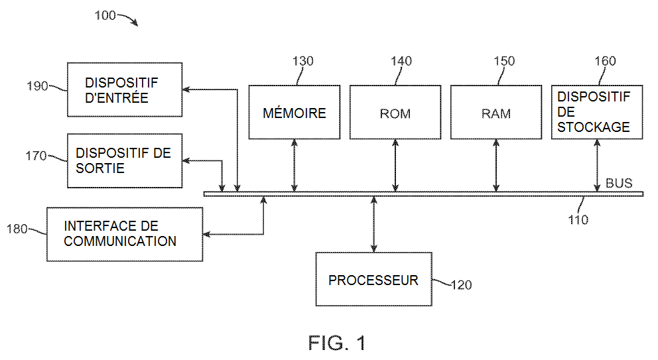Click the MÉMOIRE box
[295, 112]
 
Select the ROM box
[395, 112]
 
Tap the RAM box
[496, 112]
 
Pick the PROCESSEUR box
[373, 279]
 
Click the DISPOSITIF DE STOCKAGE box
[597, 112]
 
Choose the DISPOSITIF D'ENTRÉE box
[125, 90]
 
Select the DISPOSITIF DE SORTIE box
[125, 160]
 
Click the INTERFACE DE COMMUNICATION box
[125, 233]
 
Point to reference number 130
[302, 62]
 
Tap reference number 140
[401, 62]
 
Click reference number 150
[504, 62]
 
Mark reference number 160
[605, 62]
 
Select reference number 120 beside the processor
[461, 285]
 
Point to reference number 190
[37, 86]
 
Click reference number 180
[17, 229]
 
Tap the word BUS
[619, 183]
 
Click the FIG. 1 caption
[337, 343]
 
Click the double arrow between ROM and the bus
[395, 165]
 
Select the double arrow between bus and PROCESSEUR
[374, 223]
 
